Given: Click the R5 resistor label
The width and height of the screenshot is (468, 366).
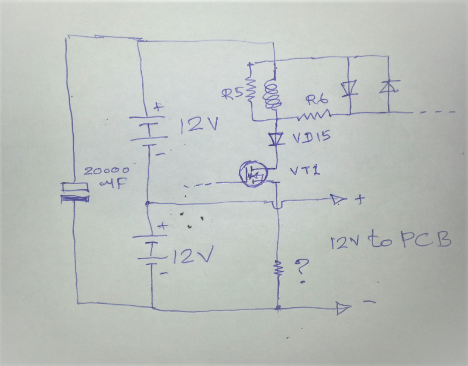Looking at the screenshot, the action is (233, 94).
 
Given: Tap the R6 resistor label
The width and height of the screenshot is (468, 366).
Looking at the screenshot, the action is (317, 100).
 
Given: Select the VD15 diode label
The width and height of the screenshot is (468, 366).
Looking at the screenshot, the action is (311, 137).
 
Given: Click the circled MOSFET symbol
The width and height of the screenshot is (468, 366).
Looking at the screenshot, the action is (253, 174).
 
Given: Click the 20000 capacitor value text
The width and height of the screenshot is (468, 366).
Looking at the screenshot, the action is (106, 171).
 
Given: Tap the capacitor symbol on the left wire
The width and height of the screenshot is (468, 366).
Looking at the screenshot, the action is (75, 193).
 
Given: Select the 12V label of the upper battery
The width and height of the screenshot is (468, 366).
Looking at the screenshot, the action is (199, 125).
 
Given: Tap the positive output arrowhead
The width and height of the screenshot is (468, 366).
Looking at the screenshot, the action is (338, 199).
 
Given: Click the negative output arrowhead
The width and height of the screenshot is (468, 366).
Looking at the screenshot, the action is (343, 308).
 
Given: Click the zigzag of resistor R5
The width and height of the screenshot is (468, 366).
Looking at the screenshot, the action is (251, 90).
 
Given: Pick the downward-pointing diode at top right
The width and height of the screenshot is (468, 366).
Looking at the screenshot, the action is (349, 89).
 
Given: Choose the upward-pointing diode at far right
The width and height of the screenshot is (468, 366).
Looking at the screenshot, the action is (389, 87).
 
